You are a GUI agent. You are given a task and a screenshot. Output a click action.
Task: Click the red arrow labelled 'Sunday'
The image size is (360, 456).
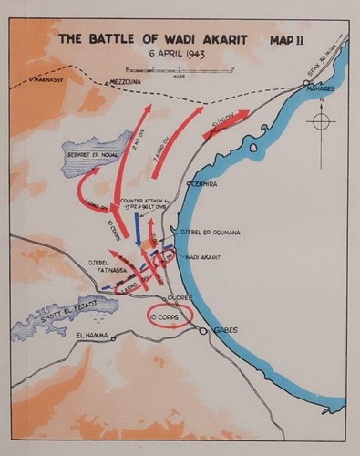[226, 126]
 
